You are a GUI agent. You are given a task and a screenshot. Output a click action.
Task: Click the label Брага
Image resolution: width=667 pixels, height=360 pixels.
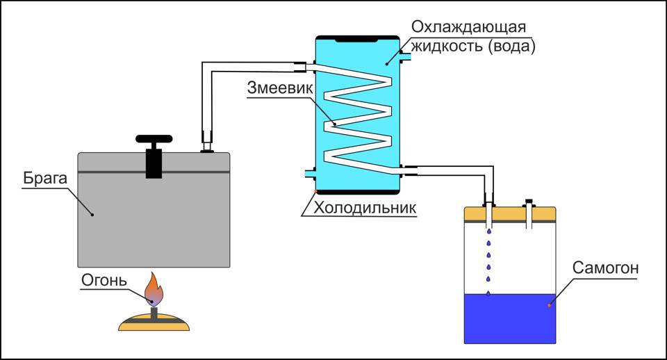point(44,179)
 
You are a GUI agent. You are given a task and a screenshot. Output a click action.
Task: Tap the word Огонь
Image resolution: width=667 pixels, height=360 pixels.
point(104,281)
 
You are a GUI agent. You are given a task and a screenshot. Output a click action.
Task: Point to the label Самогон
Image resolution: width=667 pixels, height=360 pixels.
point(604,268)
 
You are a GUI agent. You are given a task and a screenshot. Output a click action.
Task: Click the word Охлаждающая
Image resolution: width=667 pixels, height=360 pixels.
point(468,26)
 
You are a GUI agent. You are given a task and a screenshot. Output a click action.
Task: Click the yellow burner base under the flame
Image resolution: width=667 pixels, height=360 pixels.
point(154,321)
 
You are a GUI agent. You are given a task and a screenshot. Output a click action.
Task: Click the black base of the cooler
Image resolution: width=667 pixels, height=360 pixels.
point(358,193)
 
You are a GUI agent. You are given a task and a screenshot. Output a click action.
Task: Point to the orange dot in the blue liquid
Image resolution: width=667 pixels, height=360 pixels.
point(549,304)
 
